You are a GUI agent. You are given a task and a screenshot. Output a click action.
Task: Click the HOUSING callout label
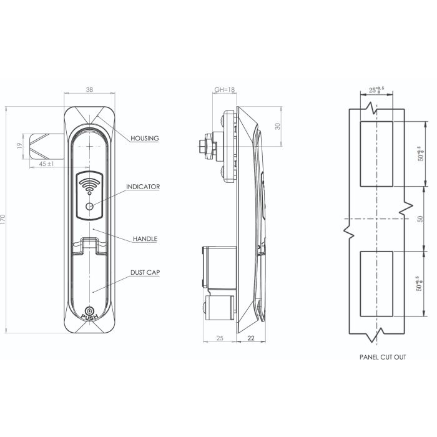(x=145, y=138)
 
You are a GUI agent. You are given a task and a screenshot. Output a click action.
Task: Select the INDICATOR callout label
(x=143, y=187)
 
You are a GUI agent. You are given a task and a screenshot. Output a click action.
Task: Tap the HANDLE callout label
(x=145, y=239)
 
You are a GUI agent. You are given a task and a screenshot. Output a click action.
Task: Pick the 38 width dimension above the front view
(x=89, y=91)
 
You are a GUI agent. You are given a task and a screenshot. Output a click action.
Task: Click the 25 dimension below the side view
(x=219, y=338)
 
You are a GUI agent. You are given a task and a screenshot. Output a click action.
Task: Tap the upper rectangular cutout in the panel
(x=376, y=154)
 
